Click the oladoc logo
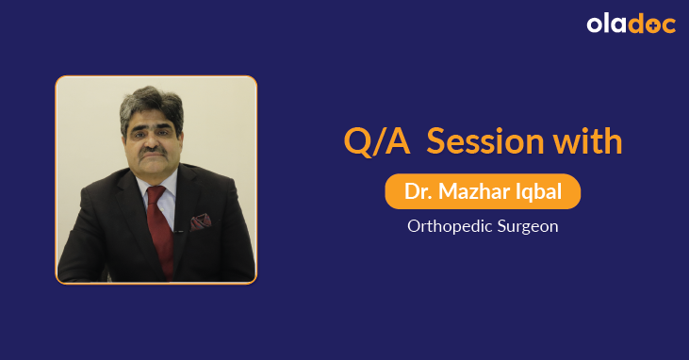[631, 25]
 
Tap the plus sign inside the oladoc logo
[648, 26]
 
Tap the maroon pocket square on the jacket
[201, 222]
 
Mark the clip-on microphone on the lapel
[178, 229]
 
